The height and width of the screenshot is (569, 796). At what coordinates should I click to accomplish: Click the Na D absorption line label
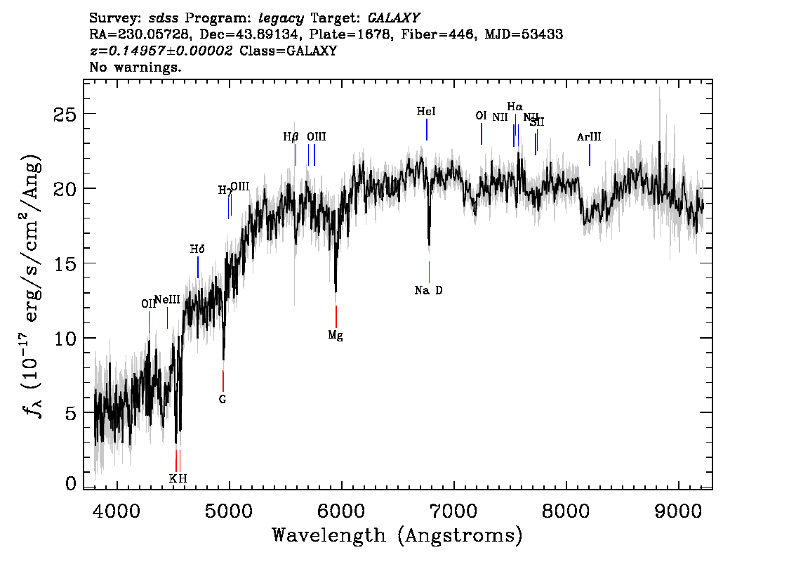428,290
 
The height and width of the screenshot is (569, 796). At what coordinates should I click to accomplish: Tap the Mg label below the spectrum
336,335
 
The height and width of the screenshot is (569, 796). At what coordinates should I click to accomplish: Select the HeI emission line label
426,112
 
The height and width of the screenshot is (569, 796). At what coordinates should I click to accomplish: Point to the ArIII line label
589,137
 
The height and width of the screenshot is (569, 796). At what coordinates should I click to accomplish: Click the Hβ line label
291,137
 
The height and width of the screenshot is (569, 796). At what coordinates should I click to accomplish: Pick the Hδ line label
197,249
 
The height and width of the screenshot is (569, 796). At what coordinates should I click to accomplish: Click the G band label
223,399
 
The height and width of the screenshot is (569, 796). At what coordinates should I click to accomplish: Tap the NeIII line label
167,300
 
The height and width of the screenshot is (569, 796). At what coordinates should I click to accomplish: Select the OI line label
481,116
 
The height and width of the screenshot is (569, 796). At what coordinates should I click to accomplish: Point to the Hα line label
515,107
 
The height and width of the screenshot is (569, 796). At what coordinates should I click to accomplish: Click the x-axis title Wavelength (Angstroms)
397,536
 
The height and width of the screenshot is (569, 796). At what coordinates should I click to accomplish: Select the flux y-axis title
31,284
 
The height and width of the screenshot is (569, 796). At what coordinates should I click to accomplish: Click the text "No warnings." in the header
135,68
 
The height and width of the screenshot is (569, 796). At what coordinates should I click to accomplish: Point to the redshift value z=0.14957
161,51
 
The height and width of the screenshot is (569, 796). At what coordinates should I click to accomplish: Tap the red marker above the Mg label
336,316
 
